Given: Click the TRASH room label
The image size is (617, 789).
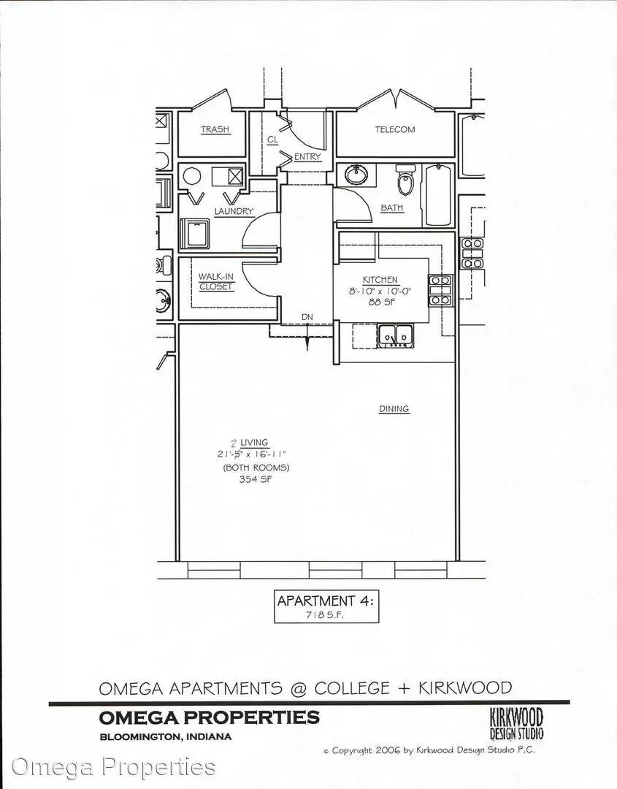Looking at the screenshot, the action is pyautogui.click(x=215, y=129).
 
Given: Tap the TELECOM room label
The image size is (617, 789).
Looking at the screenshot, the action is pyautogui.click(x=395, y=130).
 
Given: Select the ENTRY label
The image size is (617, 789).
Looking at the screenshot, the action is pyautogui.click(x=307, y=157).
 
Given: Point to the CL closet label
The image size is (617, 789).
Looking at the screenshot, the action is pyautogui.click(x=272, y=140).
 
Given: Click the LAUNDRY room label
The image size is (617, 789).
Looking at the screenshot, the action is pyautogui.click(x=234, y=211).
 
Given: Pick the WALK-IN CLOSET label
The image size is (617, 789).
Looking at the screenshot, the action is pyautogui.click(x=216, y=282).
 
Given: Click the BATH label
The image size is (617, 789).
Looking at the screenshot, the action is pyautogui.click(x=391, y=207).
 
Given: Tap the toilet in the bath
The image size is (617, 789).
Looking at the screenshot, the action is pyautogui.click(x=405, y=180).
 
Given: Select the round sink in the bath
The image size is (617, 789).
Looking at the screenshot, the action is pyautogui.click(x=356, y=175).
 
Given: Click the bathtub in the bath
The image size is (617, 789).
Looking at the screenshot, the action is pyautogui.click(x=440, y=195).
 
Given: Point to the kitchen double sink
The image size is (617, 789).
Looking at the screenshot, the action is pyautogui.click(x=396, y=336).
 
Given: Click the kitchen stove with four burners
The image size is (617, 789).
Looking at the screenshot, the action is pyautogui.click(x=440, y=291).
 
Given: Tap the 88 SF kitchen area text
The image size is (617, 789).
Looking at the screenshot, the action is pyautogui.click(x=380, y=302).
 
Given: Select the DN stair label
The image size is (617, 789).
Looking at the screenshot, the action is pyautogui.click(x=307, y=317).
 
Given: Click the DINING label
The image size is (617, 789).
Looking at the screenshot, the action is pyautogui.click(x=394, y=409).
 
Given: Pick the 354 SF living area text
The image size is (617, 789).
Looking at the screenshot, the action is pyautogui.click(x=256, y=479).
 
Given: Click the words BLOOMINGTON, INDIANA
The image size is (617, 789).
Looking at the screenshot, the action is pyautogui.click(x=166, y=737).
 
